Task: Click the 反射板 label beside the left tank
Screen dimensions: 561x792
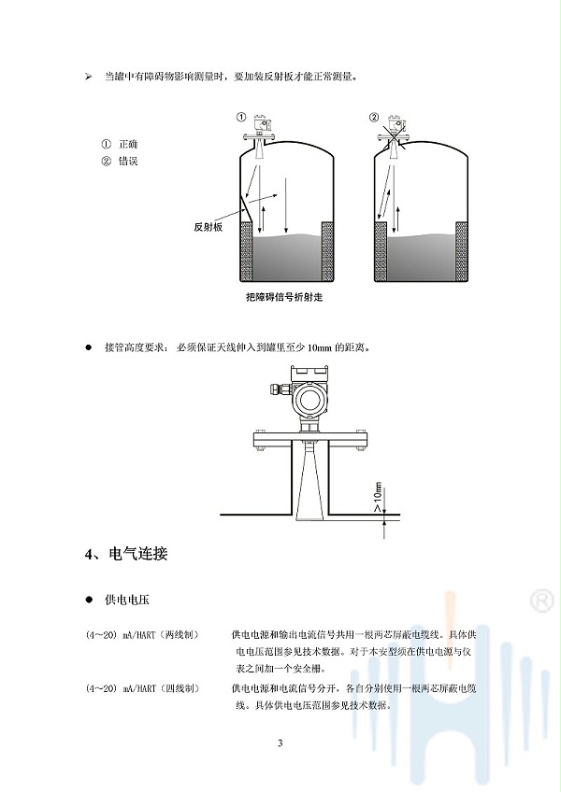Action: (208, 227)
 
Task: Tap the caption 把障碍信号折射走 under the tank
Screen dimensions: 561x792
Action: (284, 297)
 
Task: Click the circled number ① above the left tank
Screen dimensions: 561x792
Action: (241, 117)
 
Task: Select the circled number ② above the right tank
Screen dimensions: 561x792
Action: (374, 117)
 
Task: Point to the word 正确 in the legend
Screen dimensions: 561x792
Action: (128, 145)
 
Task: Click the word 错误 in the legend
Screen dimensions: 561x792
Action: (128, 162)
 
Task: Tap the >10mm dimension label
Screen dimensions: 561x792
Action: (378, 498)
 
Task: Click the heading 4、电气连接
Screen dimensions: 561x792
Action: (126, 554)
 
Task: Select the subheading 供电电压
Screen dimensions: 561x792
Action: (126, 600)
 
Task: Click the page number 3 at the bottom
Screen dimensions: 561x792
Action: (280, 743)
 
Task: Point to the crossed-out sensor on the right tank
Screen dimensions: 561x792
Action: (394, 132)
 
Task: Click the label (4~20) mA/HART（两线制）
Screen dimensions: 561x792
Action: (142, 635)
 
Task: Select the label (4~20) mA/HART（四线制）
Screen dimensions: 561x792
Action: (142, 688)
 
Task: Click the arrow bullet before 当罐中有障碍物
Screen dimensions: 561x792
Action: (89, 77)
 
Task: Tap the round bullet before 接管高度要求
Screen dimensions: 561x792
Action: (89, 347)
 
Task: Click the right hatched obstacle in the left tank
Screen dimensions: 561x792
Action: (327, 251)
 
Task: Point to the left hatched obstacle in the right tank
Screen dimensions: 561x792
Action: (381, 251)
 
